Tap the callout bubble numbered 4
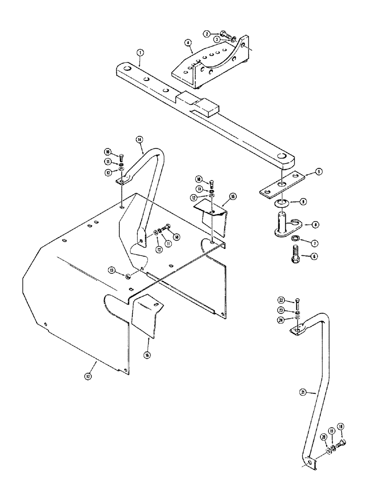pyautogui.click(x=188, y=43)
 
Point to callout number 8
pyautogui.click(x=316, y=224)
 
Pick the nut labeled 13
pyautogui.click(x=128, y=276)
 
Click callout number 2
pyautogui.click(x=207, y=34)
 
